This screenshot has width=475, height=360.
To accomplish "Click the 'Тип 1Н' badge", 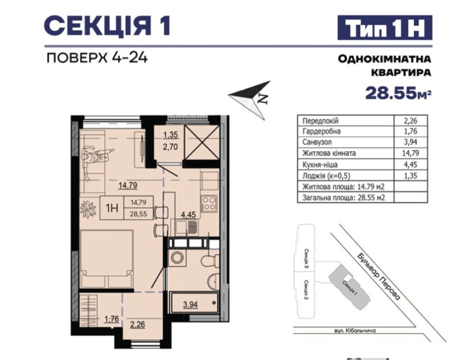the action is point(384,27).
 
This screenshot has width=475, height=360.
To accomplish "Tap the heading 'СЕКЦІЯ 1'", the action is point(107,27).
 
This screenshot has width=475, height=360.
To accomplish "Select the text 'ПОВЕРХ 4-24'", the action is point(97,58).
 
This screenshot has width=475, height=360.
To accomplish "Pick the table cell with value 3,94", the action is point(410,142).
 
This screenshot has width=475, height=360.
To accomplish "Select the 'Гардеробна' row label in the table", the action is point(321,131).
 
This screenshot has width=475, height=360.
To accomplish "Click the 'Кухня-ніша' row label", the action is point(320,165).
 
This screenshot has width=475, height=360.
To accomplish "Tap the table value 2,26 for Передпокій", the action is point(410,121).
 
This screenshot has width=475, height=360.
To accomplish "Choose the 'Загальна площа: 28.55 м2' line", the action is point(344,198).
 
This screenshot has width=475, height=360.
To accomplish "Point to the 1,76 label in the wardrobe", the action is point(112,319).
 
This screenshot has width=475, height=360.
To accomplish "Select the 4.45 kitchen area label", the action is point(188,215).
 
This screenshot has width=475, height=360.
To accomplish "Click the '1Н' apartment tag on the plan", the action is point(112,208).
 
